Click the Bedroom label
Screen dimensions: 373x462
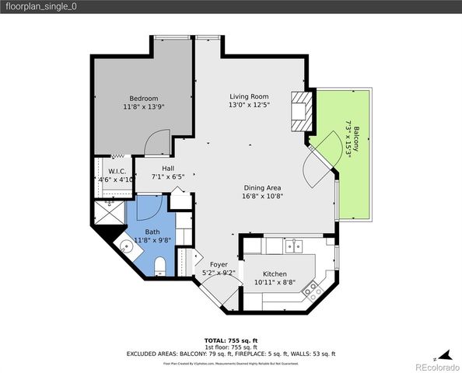(144, 98)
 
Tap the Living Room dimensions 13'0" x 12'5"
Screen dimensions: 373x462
(249, 105)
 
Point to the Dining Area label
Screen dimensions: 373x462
(262, 187)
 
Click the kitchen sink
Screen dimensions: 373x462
(294, 247)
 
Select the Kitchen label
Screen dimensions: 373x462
(275, 274)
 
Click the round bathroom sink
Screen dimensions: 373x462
(126, 247)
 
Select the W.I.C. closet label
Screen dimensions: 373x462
(117, 171)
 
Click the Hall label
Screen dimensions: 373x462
(168, 168)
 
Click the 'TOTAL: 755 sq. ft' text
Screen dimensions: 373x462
(230, 340)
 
